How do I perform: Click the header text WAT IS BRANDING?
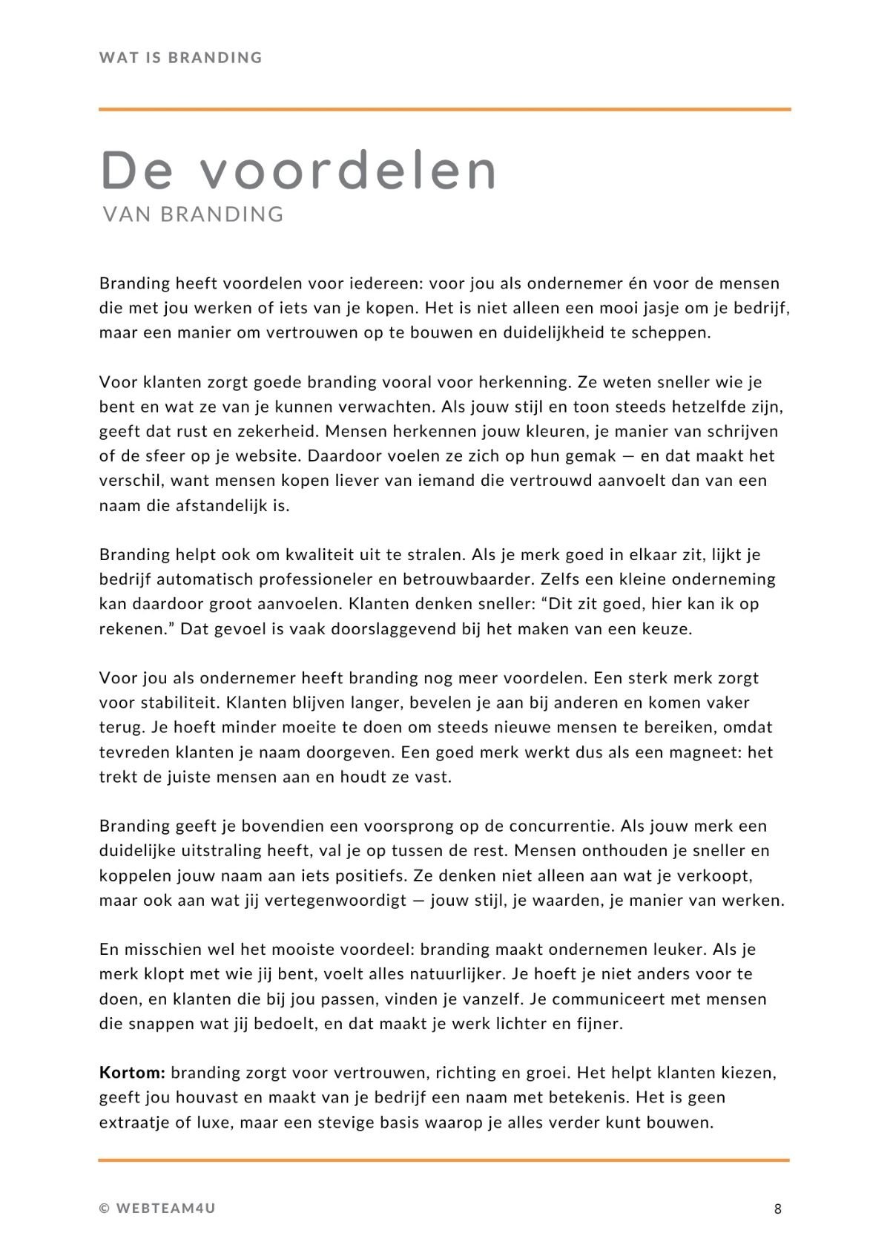coord(180,58)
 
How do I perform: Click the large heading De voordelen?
coord(298,171)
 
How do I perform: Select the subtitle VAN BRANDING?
coord(194,214)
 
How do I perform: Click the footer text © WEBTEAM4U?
coord(157,1209)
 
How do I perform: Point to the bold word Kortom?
coord(132,1073)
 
